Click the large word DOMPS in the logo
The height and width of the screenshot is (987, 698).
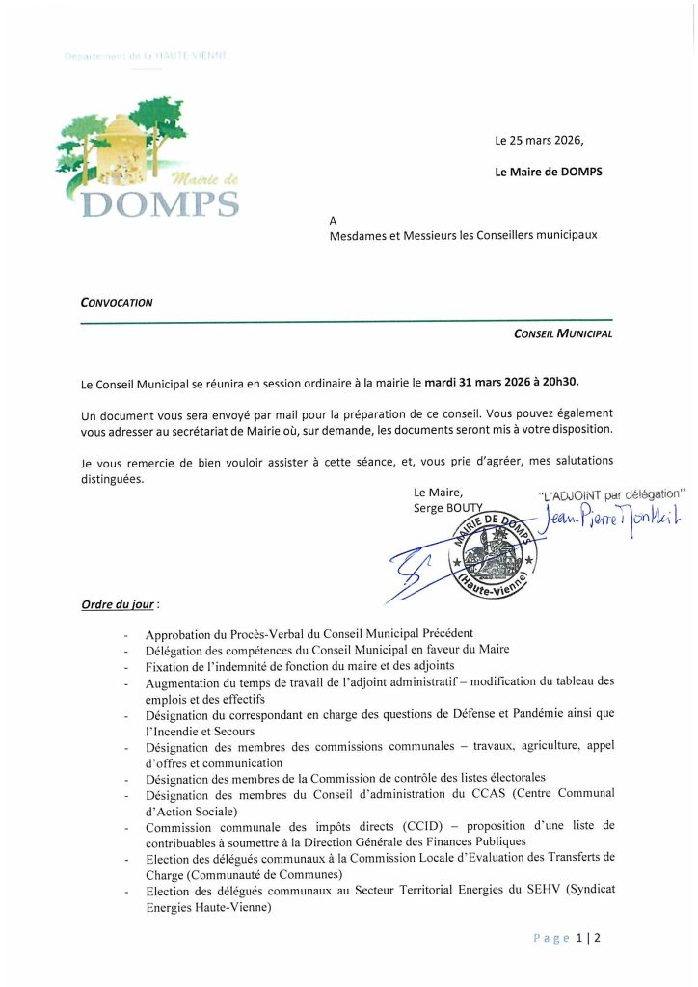coord(158,203)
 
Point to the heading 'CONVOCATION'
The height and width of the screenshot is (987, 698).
coord(117,301)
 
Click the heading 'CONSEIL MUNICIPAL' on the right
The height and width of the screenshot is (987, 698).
coord(563,333)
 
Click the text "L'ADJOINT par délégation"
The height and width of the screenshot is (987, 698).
coord(610,495)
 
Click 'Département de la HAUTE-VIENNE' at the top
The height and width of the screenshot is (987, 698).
coord(145,57)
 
